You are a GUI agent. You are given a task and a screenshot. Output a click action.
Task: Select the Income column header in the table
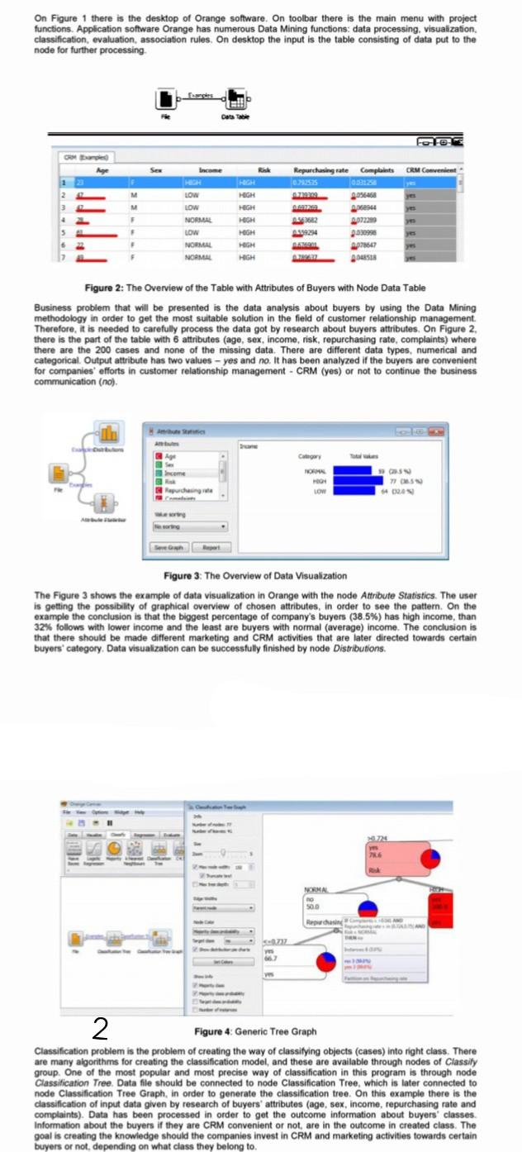[211, 169]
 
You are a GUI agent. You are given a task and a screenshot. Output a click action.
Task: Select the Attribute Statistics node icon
[106, 502]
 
